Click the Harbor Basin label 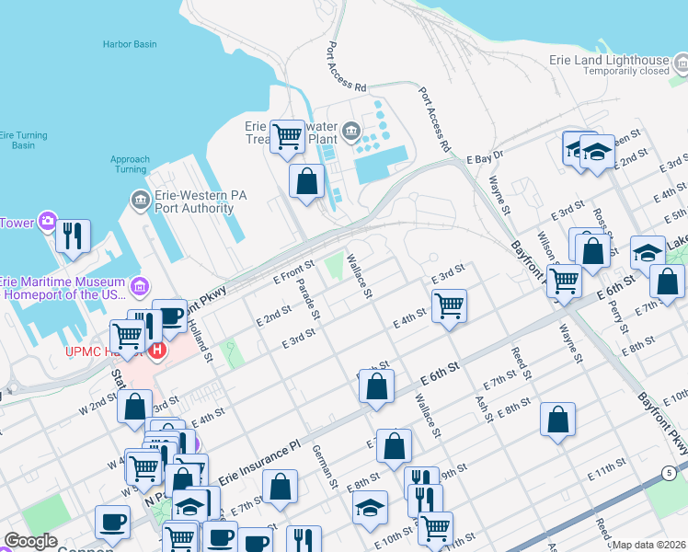(x=129, y=43)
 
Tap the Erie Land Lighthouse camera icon (x=682, y=63)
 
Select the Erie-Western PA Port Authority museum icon (x=139, y=200)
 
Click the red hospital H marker (x=156, y=351)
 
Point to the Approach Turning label (x=130, y=165)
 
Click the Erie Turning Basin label (x=17, y=140)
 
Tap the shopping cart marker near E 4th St (x=449, y=305)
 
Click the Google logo (x=31, y=542)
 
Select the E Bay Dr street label (x=486, y=158)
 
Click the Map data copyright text (x=649, y=545)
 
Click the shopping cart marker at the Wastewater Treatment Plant (x=288, y=136)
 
